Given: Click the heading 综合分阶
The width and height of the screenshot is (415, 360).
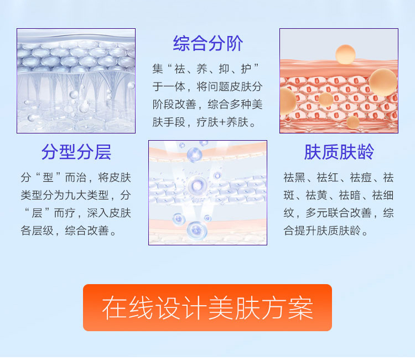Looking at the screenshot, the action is pyautogui.click(x=207, y=43).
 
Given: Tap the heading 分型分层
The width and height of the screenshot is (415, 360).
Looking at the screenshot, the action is pyautogui.click(x=76, y=152).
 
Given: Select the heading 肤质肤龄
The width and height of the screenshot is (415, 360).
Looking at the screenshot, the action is pyautogui.click(x=339, y=152).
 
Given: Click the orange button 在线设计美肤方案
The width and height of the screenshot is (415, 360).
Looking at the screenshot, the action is pyautogui.click(x=207, y=307).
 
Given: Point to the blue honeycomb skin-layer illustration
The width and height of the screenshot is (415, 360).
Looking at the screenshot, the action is pyautogui.click(x=76, y=81).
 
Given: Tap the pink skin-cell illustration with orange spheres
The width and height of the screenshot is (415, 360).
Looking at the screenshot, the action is pyautogui.click(x=339, y=81).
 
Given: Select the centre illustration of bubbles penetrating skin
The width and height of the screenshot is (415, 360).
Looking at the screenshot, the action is pyautogui.click(x=207, y=193).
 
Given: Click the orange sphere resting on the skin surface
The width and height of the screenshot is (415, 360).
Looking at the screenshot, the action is pyautogui.click(x=345, y=55).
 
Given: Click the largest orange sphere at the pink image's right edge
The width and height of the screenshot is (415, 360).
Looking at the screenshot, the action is pyautogui.click(x=383, y=83).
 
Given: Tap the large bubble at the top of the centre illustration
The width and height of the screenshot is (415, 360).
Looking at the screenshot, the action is pyautogui.click(x=195, y=155).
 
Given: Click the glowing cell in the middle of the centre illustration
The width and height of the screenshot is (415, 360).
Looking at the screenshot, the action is pyautogui.click(x=196, y=186).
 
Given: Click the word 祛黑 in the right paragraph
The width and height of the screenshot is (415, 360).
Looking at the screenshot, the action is pyautogui.click(x=294, y=177).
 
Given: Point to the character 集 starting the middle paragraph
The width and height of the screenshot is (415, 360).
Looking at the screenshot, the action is pyautogui.click(x=158, y=69).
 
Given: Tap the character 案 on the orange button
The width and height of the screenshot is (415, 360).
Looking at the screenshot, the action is pyautogui.click(x=300, y=307).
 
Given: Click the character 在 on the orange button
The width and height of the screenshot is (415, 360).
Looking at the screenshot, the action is pyautogui.click(x=115, y=307).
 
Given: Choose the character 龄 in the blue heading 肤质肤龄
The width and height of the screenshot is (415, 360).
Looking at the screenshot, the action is pyautogui.click(x=366, y=152).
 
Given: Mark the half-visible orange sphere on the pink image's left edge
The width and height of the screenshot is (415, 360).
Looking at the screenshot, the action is pyautogui.click(x=288, y=101).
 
